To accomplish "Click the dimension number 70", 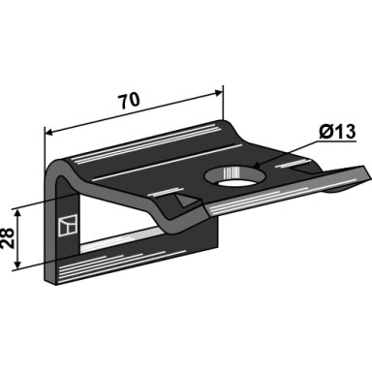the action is [129, 100].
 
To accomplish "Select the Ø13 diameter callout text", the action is [337, 132].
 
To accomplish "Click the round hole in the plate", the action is [235, 177].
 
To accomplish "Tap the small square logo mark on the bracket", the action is [68, 226].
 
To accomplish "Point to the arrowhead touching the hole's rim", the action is [259, 165].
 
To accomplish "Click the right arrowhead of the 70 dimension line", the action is [219, 93].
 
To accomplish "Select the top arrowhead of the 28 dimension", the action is [18, 213].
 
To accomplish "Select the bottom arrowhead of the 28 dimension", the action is [18, 264].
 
